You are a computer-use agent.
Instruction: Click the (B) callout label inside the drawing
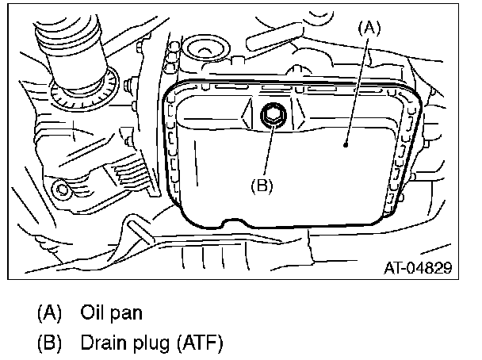pyautogui.click(x=263, y=187)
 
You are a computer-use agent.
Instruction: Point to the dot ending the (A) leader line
pyautogui.click(x=346, y=145)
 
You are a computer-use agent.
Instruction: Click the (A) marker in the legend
pyautogui.click(x=49, y=312)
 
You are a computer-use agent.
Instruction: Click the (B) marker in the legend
pyautogui.click(x=49, y=343)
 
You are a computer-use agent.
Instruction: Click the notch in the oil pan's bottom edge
pyautogui.click(x=236, y=226)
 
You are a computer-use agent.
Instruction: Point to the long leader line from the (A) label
pyautogui.click(x=359, y=87)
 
